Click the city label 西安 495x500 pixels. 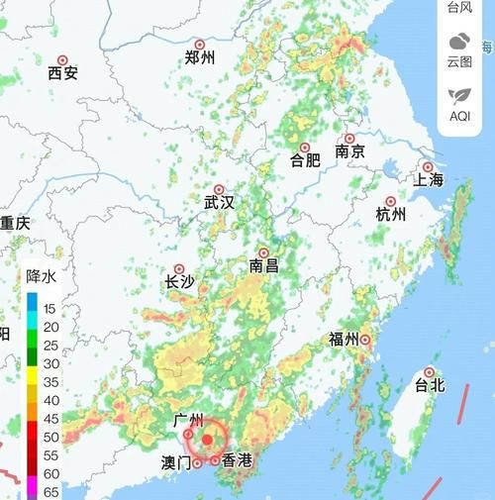pyautogui.click(x=62, y=72)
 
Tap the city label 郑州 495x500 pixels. pyautogui.click(x=200, y=57)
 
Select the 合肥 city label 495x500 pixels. pyautogui.click(x=305, y=159)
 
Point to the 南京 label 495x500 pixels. pyautogui.click(x=350, y=151)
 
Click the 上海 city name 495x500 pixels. pyautogui.click(x=430, y=179)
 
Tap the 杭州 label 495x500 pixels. pyautogui.click(x=391, y=214)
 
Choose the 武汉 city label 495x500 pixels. pyautogui.click(x=220, y=202)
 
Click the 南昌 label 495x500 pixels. pyautogui.click(x=263, y=265)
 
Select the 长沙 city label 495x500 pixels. pyautogui.click(x=179, y=281)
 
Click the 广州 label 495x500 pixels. pyautogui.click(x=187, y=421)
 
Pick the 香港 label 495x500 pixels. pyautogui.click(x=238, y=459)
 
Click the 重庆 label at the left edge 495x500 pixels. pyautogui.click(x=15, y=223)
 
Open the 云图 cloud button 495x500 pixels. pyautogui.click(x=459, y=49)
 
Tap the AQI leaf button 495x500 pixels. pyautogui.click(x=459, y=103)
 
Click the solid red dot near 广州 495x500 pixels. pyautogui.click(x=208, y=439)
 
